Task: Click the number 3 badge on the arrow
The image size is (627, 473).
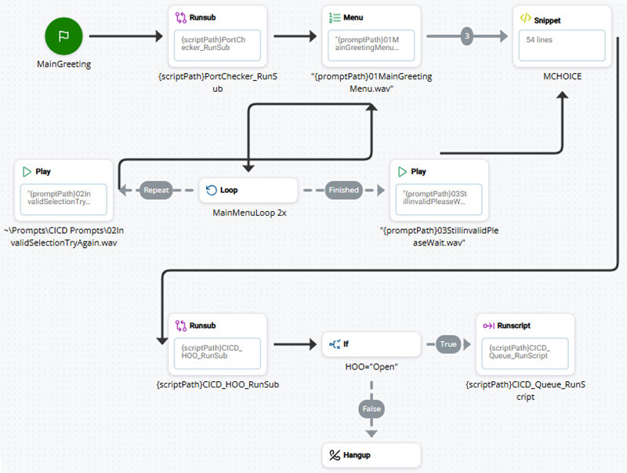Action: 467,36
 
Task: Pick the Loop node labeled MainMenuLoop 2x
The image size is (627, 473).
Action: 248,190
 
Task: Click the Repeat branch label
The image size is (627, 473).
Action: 156,190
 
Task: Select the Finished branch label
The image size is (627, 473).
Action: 343,190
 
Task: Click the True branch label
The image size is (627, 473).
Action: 448,344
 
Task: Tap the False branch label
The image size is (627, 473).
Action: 371,408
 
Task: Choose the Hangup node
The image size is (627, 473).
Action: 371,455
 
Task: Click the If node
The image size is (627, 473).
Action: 371,344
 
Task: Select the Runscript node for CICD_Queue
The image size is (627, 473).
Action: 524,344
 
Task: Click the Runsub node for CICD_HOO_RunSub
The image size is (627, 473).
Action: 218,344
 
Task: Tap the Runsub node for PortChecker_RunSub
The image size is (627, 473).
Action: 218,36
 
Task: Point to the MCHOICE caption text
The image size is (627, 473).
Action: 561,78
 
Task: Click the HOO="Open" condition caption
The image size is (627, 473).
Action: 371,367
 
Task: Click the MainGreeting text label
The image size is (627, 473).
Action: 63,64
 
